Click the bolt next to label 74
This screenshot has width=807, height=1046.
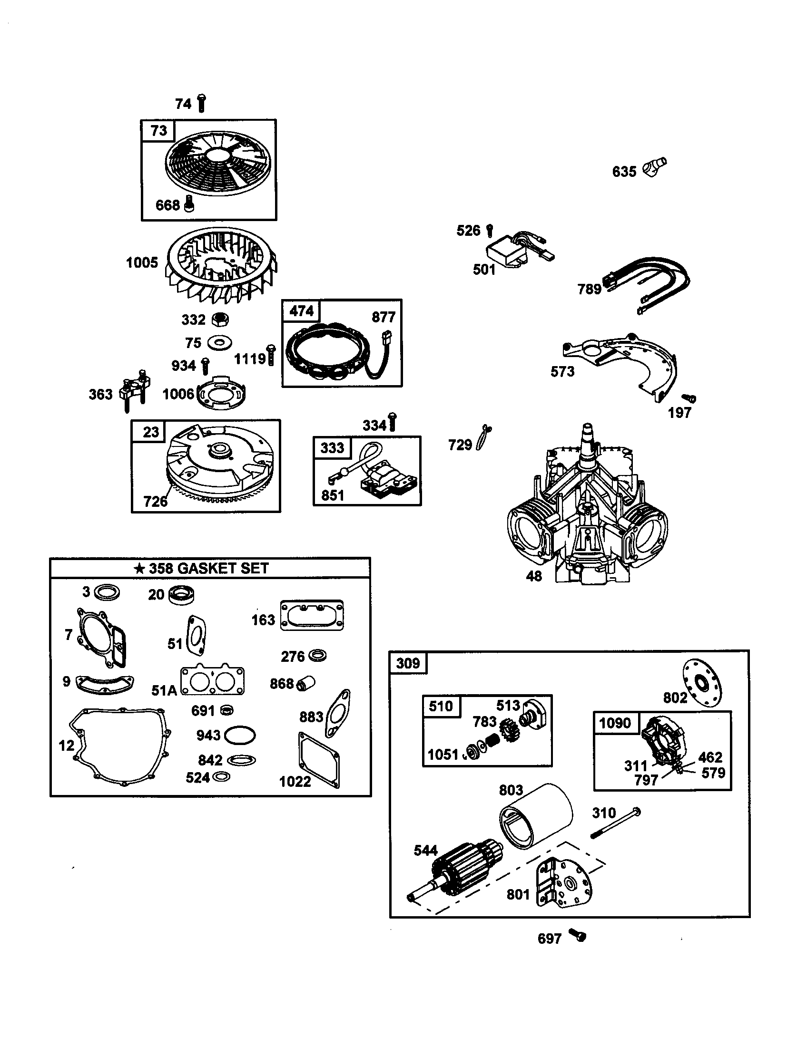click(201, 103)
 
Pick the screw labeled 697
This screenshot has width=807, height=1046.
click(578, 935)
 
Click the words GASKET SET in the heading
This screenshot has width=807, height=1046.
click(222, 568)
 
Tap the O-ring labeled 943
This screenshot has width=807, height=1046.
click(239, 735)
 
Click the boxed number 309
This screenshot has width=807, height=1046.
click(408, 663)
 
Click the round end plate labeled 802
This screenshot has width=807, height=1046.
click(702, 682)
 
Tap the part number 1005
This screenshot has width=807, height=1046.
click(142, 262)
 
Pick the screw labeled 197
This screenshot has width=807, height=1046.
click(689, 398)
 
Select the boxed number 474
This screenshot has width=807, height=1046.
click(301, 311)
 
